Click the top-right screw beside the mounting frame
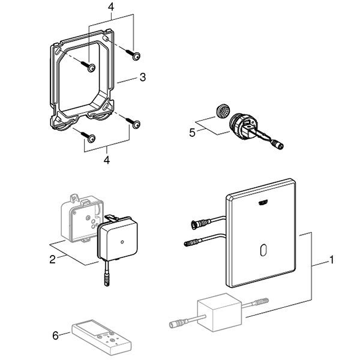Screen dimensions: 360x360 (x=136, y=56)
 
